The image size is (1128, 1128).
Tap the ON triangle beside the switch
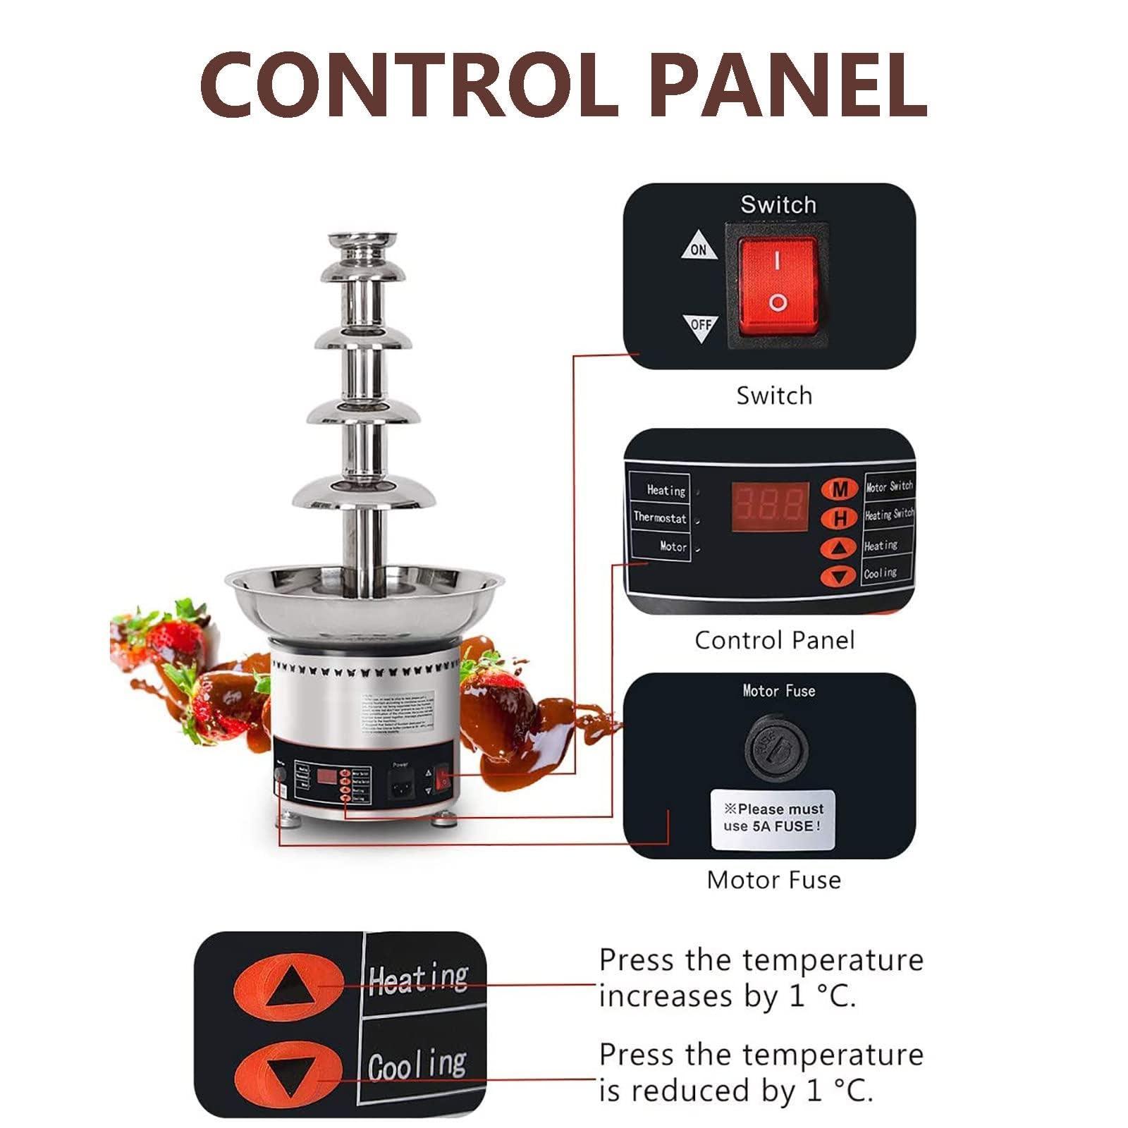pos(699,247)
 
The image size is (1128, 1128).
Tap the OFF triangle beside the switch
pos(700,326)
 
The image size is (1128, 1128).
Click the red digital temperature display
pos(769,506)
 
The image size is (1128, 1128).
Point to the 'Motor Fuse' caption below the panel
pos(773,880)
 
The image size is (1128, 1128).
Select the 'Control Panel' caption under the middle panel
pos(773,640)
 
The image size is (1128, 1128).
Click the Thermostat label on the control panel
pos(659,517)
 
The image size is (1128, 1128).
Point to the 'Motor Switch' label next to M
pos(889,486)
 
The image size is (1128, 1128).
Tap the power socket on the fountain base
pos(400,783)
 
